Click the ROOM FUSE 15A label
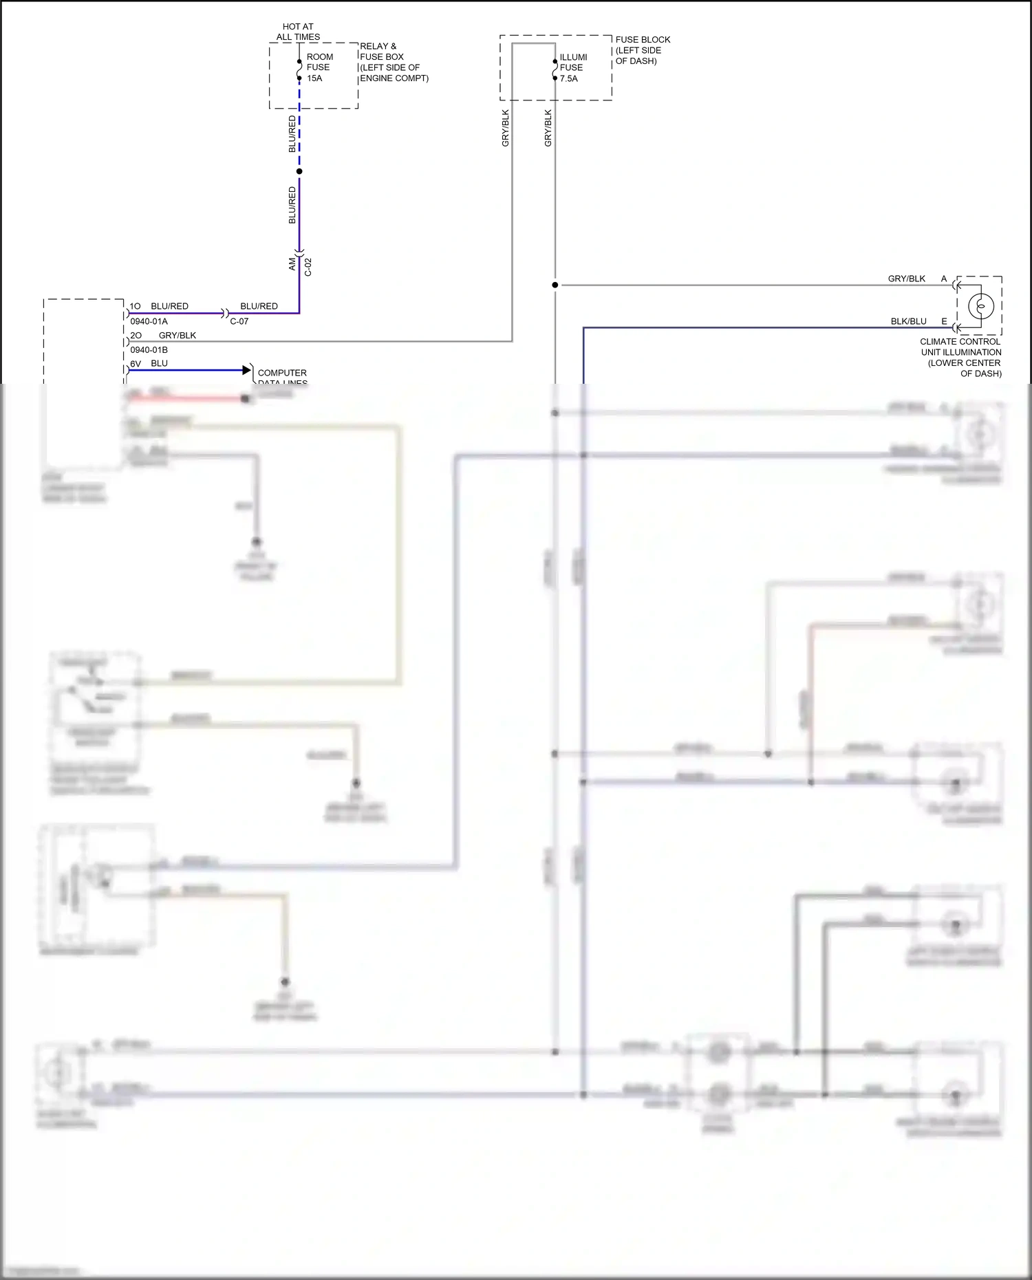(319, 67)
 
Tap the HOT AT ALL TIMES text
(298, 32)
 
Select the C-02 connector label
(308, 267)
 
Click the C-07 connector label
(239, 321)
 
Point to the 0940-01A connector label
(149, 321)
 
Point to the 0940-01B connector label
(149, 349)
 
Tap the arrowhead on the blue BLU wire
(247, 370)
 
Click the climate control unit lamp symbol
(980, 306)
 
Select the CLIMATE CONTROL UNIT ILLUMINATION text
(960, 357)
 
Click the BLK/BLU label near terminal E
(908, 321)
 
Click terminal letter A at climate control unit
(944, 279)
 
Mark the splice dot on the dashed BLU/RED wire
(299, 171)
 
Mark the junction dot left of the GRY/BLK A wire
(555, 285)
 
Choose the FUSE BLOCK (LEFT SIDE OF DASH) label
(642, 50)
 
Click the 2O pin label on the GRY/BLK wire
(136, 335)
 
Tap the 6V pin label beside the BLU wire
(136, 363)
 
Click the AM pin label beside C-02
(292, 263)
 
